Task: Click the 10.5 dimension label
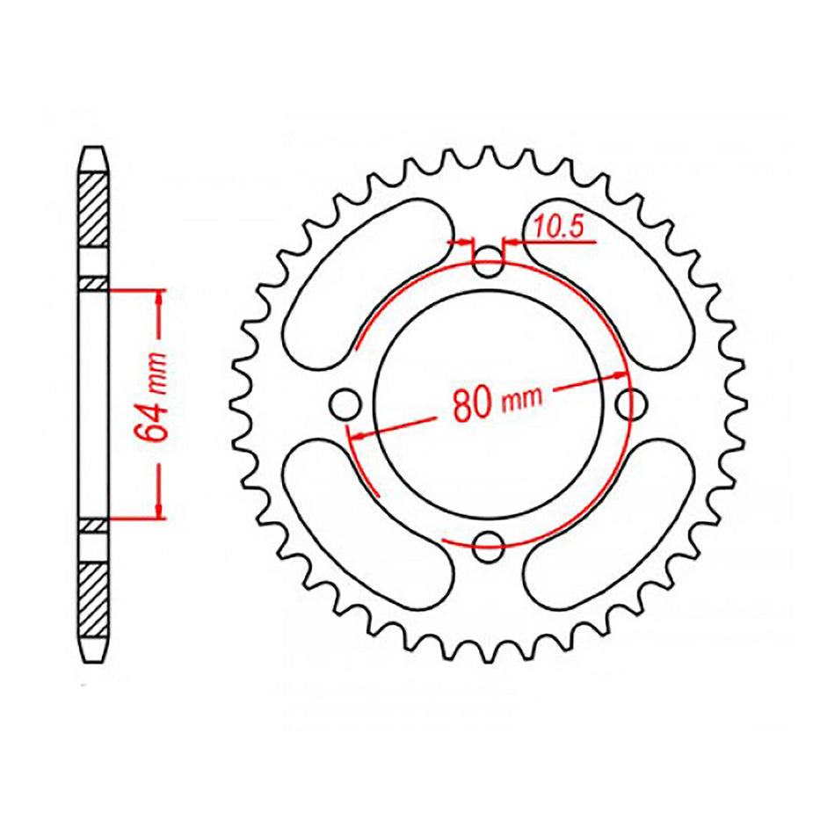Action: click(558, 227)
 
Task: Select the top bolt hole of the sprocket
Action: click(488, 261)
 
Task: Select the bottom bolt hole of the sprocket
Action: click(488, 547)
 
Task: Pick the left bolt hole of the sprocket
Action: click(345, 404)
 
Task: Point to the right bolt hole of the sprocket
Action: click(631, 404)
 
